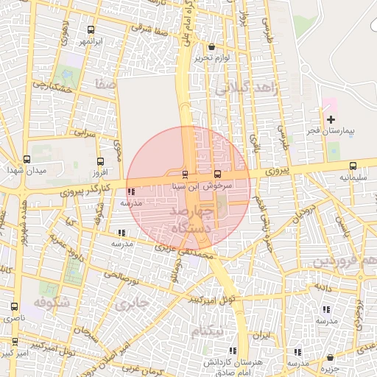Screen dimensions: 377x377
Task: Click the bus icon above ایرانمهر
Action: pos(91,30)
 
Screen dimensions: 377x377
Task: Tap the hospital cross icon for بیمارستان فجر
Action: pos(331,119)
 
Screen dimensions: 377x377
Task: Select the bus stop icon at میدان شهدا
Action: pos(27,159)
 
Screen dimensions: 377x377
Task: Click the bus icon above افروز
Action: pos(101,161)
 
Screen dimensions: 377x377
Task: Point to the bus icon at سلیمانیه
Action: pos(353,166)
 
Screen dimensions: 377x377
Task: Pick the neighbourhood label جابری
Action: pos(136,302)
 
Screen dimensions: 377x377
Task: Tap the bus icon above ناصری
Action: pos(14,306)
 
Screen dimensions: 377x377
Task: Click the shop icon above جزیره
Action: pos(328,358)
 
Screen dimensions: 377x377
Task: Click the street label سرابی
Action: pos(85,133)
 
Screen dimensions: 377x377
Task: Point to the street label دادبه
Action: pos(325,285)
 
